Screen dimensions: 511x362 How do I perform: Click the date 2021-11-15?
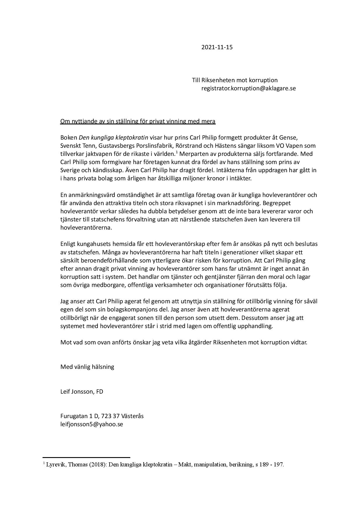pos(217,47)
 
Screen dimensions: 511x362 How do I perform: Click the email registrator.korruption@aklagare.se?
pos(248,88)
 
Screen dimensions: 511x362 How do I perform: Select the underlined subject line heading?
pos(138,121)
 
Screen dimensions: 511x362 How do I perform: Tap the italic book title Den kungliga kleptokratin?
pos(113,138)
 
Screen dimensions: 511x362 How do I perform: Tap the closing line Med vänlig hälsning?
pos(87,367)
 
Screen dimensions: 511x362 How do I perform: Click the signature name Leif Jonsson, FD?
pos(82,392)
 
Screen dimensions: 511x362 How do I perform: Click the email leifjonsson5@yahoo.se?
pos(92,424)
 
